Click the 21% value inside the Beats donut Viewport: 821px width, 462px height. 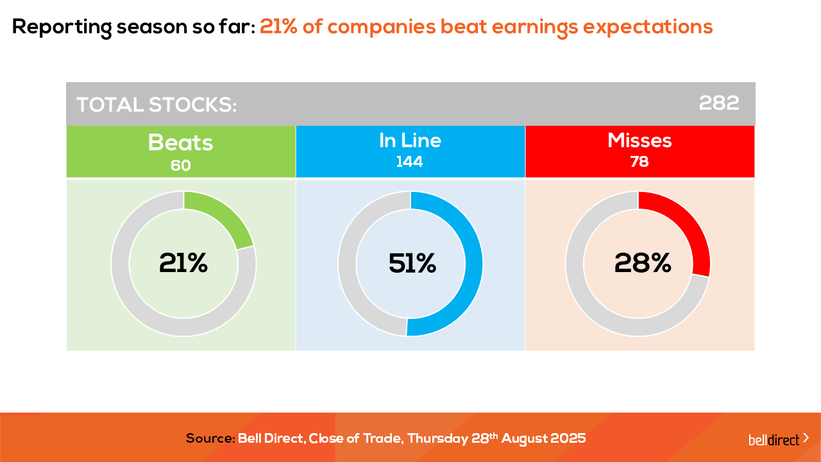tap(183, 263)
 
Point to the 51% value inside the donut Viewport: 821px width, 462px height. tap(412, 263)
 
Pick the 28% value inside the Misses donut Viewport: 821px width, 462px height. tap(643, 263)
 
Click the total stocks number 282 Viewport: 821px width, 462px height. tap(719, 103)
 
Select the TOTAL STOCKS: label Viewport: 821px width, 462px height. tap(157, 105)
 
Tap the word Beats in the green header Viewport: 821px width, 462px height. tap(180, 142)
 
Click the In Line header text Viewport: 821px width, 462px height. tap(410, 141)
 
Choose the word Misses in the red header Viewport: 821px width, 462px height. tap(639, 141)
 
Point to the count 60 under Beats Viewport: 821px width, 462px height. tap(181, 166)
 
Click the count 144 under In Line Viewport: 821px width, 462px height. tap(409, 162)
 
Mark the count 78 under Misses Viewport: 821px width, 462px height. tap(639, 162)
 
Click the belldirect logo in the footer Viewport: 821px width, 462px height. tap(778, 440)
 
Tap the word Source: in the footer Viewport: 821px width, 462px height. tap(210, 439)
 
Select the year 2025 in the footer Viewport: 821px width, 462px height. tap(568, 439)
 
